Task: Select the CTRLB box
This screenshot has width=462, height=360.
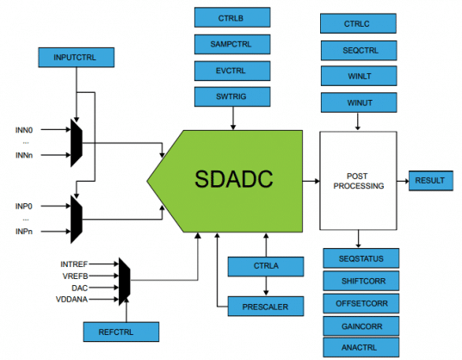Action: (231, 17)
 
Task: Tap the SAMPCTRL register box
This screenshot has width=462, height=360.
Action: (231, 43)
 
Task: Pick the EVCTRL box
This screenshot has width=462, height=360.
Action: (231, 70)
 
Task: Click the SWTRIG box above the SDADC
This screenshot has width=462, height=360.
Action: (231, 96)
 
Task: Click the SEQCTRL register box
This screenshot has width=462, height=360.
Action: (357, 50)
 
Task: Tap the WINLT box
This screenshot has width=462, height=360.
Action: (357, 77)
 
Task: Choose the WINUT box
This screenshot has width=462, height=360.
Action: (357, 103)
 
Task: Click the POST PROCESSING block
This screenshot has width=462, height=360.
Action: (357, 180)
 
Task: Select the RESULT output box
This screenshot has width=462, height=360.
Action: (429, 180)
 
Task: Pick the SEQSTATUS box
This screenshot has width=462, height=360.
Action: (360, 259)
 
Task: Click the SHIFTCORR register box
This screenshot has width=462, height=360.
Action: (360, 282)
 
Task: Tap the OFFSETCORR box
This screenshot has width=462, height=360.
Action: (360, 304)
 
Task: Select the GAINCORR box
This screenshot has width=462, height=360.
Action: (360, 326)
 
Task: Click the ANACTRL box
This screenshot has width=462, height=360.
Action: (360, 348)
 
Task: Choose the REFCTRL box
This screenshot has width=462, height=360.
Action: (121, 331)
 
